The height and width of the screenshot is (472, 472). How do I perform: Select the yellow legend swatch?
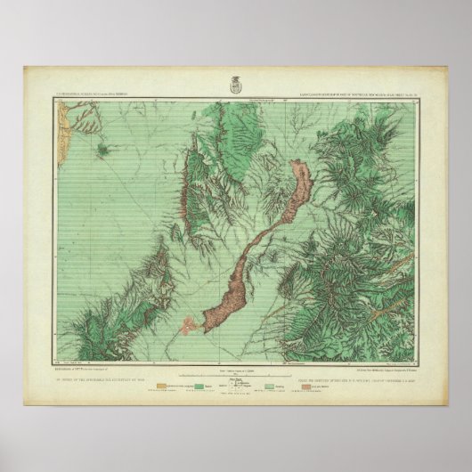(160, 387)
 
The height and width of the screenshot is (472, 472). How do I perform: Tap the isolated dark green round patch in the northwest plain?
(104, 153)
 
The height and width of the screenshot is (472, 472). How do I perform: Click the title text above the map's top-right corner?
(365, 92)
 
